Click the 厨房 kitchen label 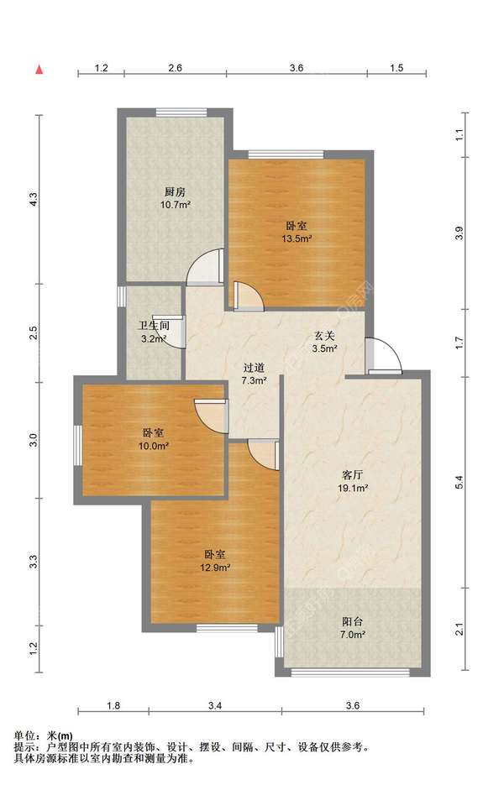point(175,191)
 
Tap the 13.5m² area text point(297,238)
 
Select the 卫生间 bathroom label point(154,326)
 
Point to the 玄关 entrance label point(324,336)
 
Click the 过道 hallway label point(254,368)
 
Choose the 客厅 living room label point(352,474)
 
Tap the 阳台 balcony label point(352,622)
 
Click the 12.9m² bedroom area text point(214,568)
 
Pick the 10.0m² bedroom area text point(154,446)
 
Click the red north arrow point(39,70)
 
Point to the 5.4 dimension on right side point(460,482)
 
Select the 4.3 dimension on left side point(33,200)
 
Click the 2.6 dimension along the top point(175,68)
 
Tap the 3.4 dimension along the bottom point(215,706)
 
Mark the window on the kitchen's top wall point(181,113)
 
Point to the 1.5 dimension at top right point(396,68)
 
